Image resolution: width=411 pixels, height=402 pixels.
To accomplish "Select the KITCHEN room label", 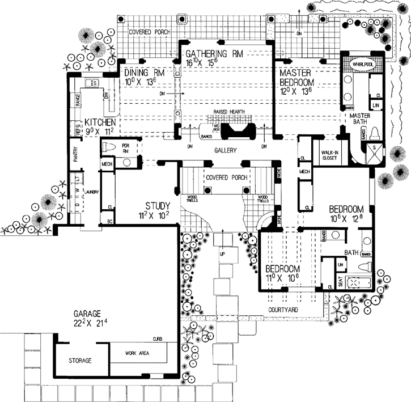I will [x=101, y=122].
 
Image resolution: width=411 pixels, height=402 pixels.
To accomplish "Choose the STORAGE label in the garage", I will [x=80, y=360].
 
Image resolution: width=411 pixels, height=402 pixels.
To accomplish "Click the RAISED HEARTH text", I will [x=229, y=112].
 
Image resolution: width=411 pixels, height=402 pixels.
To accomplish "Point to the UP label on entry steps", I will [x=223, y=254].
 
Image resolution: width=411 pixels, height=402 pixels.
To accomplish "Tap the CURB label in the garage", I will [x=157, y=339].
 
